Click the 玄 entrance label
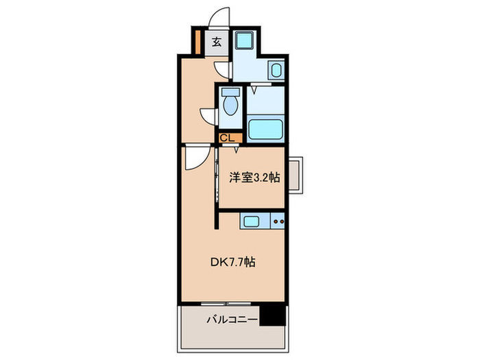coord(217,42)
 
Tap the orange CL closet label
coord(227,137)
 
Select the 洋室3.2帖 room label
coord(254,176)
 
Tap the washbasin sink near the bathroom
coord(275,71)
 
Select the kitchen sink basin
coord(251,221)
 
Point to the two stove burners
coord(278,221)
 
